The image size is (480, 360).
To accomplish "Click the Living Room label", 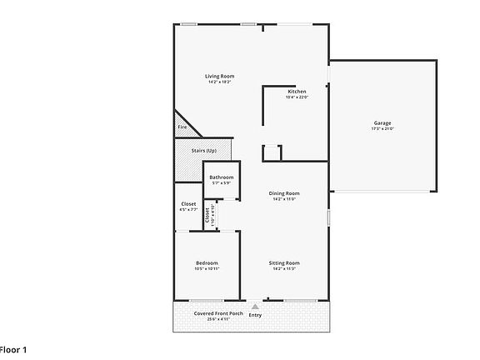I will pos(220,77).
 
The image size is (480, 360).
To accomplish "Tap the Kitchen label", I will pos(297,92).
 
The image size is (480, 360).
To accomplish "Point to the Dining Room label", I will pos(284,193).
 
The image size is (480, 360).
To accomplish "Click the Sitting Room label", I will pos(284,263).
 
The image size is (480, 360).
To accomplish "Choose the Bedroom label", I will pos(207,263).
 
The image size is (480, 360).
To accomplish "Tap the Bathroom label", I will pos(222,177).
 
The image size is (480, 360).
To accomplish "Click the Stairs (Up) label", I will pos(204,151).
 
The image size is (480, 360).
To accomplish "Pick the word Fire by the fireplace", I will pos(182,127).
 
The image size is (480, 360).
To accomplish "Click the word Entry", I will pos(255,315).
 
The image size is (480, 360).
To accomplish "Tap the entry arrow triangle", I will pos(255,307).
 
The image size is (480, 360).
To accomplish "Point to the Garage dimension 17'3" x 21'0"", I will pos(382,129).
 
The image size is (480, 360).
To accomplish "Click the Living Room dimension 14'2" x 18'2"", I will pos(220,82).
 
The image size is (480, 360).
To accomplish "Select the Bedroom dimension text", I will pos(207,269).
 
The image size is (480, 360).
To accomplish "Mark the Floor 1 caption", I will pos(13,348).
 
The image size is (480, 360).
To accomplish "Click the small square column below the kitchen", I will pos(272,152).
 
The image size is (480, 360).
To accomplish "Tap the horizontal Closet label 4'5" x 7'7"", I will pos(188,206).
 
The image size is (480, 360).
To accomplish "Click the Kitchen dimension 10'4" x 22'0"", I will pos(297,97).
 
